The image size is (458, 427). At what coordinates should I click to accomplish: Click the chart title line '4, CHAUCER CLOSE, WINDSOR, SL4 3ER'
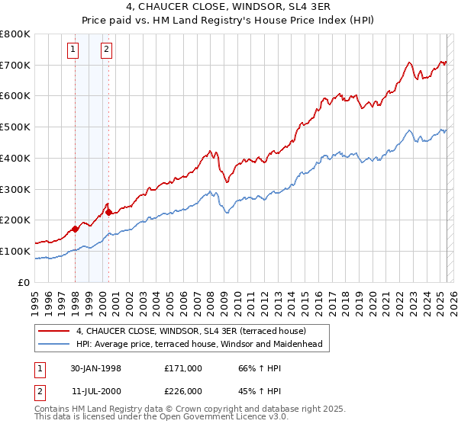point(228,8)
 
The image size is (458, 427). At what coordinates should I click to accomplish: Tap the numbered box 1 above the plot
point(73,50)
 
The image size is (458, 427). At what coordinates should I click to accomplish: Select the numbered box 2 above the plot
point(105,50)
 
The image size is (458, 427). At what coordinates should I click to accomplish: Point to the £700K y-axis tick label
point(16,65)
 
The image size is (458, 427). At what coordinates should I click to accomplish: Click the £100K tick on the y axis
point(16,251)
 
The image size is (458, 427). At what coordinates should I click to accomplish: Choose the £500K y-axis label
point(16,127)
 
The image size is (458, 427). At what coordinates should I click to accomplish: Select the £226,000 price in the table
point(183,391)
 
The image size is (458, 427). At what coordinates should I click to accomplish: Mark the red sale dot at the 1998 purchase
point(76,229)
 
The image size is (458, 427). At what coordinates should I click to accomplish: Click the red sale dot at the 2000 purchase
point(108,212)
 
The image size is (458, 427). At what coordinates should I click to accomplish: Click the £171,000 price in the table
point(183,368)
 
